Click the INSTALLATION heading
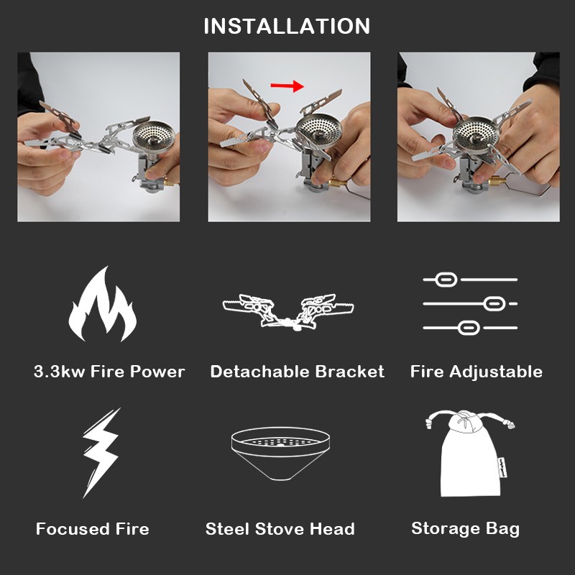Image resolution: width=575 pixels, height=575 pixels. pos(287,27)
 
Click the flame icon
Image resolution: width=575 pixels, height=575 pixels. pos(102,305)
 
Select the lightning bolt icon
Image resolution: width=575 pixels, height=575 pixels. pos(101,453)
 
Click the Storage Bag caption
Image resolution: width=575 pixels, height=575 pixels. pos(465,529)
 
